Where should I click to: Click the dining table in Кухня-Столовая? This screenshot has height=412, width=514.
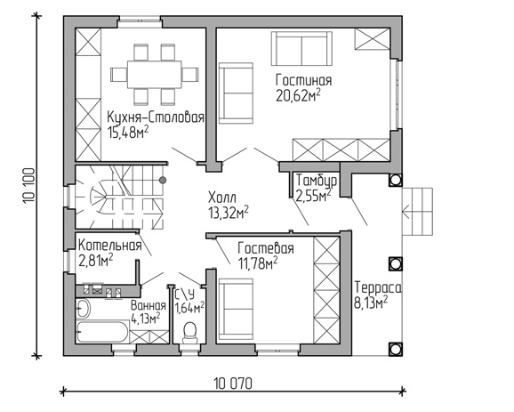point(155,74)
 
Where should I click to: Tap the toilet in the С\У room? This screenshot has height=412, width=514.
point(190,333)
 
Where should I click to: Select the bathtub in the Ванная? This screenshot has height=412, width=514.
point(102,332)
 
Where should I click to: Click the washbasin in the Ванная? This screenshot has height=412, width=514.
point(83,309)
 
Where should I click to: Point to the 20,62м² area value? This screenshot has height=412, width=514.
point(298,96)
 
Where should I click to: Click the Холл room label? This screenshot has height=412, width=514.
point(222,198)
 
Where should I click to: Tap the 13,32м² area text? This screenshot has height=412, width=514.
point(229,214)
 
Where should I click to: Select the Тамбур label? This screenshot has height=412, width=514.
point(317,181)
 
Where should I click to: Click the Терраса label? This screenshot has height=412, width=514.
point(378,287)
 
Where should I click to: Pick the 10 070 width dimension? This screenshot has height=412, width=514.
point(233,384)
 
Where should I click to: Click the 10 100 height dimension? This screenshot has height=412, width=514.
point(28,186)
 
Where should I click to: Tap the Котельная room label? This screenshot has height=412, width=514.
point(110,245)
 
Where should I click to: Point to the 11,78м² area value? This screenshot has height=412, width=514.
point(258,263)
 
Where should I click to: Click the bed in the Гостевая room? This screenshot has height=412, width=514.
point(236,310)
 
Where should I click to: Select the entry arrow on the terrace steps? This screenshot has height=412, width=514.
point(410,212)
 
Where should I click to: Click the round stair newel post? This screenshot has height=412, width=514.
point(162,180)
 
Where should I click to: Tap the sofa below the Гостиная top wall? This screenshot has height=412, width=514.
point(301,49)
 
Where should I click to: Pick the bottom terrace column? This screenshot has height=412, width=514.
point(396,349)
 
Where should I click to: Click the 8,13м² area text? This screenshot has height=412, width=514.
point(371,303)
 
